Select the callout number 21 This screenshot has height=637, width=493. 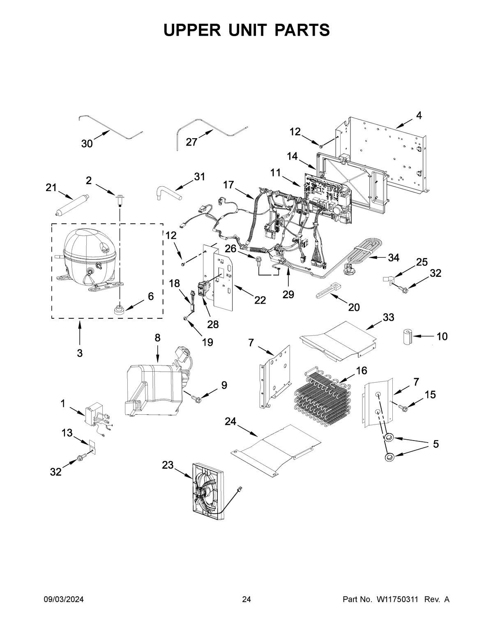pos(51,188)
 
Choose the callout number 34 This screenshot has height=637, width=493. pos(394,258)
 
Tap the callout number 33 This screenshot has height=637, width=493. pos(388,317)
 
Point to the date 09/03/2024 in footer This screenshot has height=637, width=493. pos(64,600)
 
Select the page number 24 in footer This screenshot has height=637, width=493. pos(246,600)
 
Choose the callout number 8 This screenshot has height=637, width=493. pos(157,338)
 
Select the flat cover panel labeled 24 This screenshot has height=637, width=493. pos(275,447)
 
